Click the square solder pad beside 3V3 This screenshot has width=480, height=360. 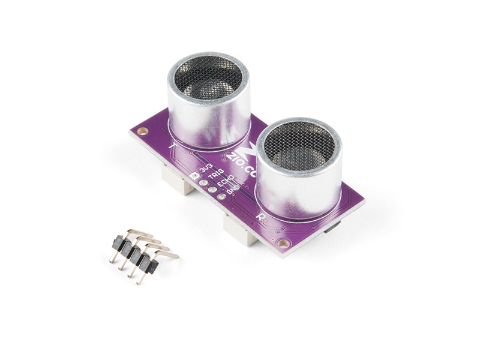click(x=194, y=176)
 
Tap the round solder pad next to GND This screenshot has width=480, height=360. click(x=221, y=196)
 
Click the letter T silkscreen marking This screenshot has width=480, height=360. click(x=173, y=146)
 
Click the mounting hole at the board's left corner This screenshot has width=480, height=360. click(x=143, y=130)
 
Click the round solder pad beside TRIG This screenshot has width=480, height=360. click(x=203, y=183)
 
